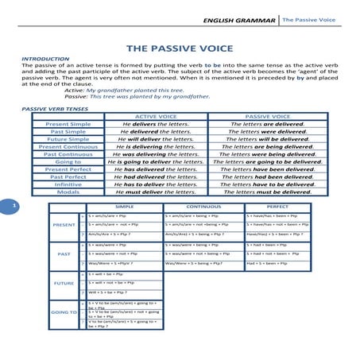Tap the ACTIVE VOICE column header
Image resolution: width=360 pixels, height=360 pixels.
(156, 116)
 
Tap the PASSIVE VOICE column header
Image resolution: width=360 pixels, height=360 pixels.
(268, 116)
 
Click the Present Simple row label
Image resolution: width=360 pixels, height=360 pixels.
(68, 124)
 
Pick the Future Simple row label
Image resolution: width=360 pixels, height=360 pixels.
(68, 139)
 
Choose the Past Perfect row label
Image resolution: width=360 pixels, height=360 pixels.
(68, 176)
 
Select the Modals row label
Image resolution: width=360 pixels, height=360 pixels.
(68, 192)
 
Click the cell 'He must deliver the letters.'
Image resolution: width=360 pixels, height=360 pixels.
(156, 192)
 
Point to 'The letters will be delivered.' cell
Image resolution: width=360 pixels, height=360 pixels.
(268, 139)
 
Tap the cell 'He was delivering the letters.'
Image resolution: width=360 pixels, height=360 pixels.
(156, 154)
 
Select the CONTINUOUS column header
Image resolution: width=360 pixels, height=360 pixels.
(203, 207)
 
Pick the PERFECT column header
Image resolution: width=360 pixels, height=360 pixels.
(278, 207)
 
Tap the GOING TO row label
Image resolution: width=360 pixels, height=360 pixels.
(64, 312)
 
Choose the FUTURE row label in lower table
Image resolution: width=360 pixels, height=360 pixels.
(64, 282)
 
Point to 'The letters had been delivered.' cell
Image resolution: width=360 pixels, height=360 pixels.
(268, 176)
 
